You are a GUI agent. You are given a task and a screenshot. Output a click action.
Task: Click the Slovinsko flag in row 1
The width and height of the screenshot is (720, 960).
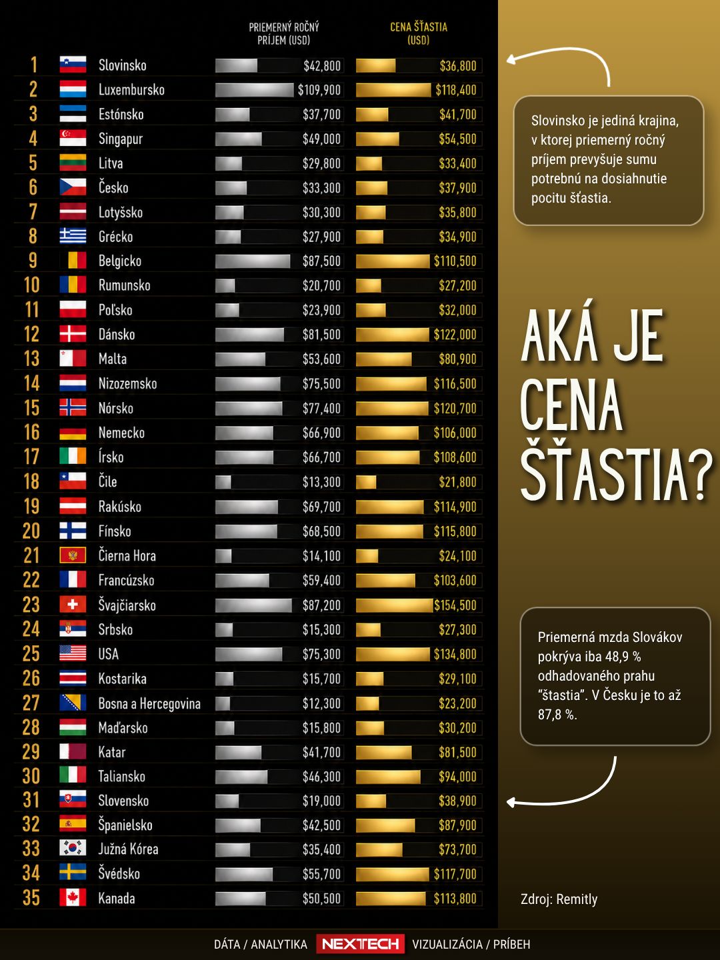click(73, 65)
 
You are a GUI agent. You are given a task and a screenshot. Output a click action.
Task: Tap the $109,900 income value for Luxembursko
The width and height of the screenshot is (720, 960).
click(319, 90)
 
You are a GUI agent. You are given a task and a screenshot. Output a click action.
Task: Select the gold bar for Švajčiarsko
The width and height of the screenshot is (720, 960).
click(394, 605)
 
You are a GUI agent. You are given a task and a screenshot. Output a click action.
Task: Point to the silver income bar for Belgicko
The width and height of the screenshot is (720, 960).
click(253, 261)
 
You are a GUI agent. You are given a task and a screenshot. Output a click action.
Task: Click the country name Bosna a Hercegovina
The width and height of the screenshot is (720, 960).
click(149, 704)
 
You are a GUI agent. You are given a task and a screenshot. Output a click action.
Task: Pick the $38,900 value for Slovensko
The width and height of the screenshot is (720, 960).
click(457, 801)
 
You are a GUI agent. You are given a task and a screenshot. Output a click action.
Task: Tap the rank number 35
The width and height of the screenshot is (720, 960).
click(31, 898)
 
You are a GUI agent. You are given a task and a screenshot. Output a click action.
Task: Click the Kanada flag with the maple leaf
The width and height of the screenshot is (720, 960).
click(73, 897)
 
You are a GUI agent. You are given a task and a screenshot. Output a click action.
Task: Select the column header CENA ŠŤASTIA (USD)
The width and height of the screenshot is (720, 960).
click(419, 34)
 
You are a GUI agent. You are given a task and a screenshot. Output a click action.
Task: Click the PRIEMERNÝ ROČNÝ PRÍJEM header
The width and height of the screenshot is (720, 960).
click(284, 34)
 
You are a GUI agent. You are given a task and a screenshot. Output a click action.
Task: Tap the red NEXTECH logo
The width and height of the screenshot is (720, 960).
click(360, 944)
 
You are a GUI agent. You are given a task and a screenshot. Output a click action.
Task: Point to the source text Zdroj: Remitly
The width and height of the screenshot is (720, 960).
click(559, 899)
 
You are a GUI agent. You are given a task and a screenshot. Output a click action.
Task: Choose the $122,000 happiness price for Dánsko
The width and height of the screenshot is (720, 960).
click(455, 335)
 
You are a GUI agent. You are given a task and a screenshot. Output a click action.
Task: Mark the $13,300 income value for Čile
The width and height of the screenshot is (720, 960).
click(321, 482)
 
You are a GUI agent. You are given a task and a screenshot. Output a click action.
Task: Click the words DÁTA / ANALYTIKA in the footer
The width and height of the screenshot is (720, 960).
click(261, 944)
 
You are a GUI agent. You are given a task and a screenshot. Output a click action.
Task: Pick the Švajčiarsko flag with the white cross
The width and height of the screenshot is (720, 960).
click(73, 605)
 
